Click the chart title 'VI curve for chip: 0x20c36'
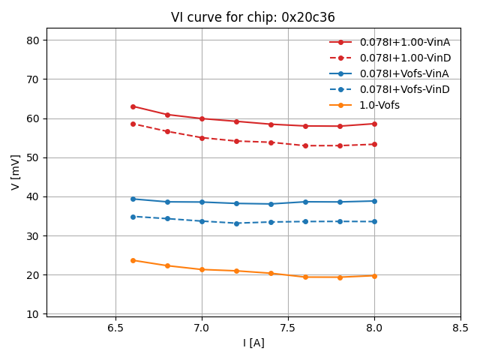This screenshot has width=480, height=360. click(x=253, y=17)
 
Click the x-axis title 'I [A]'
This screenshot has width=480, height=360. click(x=253, y=343)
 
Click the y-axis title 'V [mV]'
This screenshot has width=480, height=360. click(x=16, y=172)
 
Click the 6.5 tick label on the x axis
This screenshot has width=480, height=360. click(x=115, y=328)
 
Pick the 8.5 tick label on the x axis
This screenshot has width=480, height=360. click(x=460, y=328)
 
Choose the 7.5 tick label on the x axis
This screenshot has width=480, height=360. click(x=288, y=328)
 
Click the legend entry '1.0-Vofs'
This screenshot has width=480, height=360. click(x=379, y=105)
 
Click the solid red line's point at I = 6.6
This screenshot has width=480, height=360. click(x=133, y=106)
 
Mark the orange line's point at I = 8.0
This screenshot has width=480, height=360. click(x=374, y=276)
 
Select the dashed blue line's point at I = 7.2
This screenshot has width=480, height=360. click(x=236, y=223)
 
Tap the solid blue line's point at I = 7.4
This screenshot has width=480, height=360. click(x=271, y=204)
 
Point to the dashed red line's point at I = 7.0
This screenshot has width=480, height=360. click(x=202, y=138)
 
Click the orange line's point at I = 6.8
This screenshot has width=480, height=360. click(x=167, y=265)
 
